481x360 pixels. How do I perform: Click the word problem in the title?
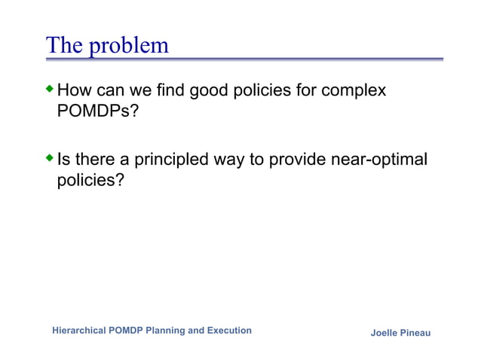pyautogui.click(x=129, y=46)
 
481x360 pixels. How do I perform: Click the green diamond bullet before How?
pyautogui.click(x=51, y=90)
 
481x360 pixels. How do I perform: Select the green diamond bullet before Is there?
pyautogui.click(x=51, y=158)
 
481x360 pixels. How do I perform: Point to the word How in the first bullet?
pyautogui.click(x=74, y=91)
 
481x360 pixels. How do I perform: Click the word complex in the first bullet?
pyautogui.click(x=354, y=91)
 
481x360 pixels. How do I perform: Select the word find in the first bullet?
pyautogui.click(x=170, y=91)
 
